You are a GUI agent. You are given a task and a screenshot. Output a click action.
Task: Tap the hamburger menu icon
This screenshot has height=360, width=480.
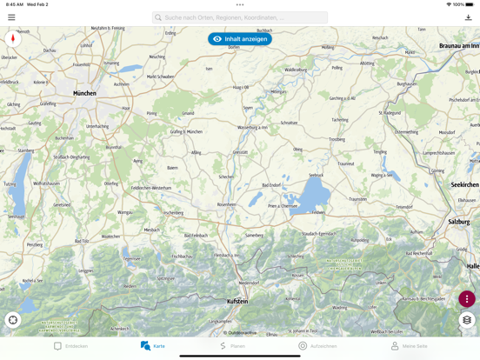pyautogui.click(x=11, y=17)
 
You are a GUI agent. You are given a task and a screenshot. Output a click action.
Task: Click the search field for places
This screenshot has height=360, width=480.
pyautogui.click(x=240, y=17)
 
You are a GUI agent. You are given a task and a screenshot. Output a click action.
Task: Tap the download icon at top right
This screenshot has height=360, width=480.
pyautogui.click(x=468, y=17)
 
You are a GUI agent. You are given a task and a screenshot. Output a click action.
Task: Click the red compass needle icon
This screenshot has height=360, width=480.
pyautogui.click(x=13, y=39)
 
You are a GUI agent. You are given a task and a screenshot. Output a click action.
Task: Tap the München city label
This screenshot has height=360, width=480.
pyautogui.click(x=84, y=93)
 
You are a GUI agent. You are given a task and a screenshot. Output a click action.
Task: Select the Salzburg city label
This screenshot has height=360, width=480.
pyautogui.click(x=459, y=222)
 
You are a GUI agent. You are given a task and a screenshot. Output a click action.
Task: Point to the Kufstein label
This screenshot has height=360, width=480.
pyautogui.click(x=237, y=301)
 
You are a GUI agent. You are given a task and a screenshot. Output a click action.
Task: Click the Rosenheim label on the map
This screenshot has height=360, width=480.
pyautogui.click(x=227, y=204)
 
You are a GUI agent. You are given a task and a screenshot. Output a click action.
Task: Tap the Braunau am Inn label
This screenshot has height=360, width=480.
pyautogui.click(x=458, y=45)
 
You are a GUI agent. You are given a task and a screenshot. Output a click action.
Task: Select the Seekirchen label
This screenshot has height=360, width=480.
pyautogui.click(x=464, y=184)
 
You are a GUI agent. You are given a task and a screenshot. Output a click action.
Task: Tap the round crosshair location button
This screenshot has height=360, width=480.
pyautogui.click(x=13, y=320)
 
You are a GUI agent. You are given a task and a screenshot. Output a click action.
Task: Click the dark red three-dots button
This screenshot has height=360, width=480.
pyautogui.click(x=467, y=299)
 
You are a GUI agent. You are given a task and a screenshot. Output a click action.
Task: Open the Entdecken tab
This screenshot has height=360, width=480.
pyautogui.click(x=70, y=346)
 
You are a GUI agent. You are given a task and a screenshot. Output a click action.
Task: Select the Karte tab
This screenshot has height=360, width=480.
pyautogui.click(x=153, y=346)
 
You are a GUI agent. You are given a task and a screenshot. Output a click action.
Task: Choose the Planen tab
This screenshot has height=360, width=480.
pyautogui.click(x=232, y=346)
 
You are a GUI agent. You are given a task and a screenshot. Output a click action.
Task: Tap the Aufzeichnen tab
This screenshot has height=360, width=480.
pyautogui.click(x=317, y=346)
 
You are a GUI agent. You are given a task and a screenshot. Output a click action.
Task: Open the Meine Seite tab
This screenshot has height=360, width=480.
pyautogui.click(x=409, y=346)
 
